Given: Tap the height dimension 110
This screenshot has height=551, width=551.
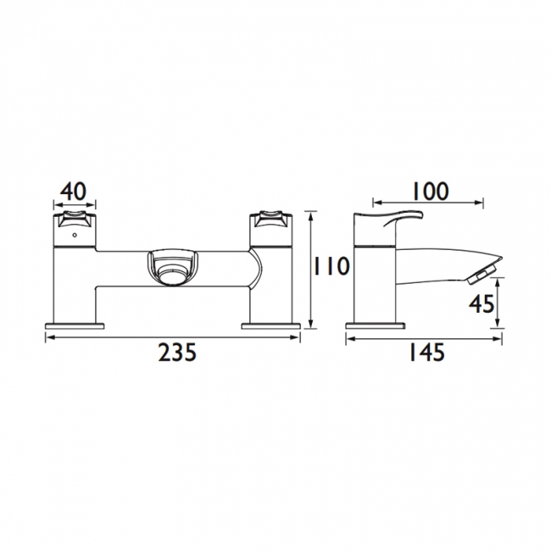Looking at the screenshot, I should coord(331,267).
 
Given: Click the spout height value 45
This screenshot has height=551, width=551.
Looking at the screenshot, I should coord(481,304).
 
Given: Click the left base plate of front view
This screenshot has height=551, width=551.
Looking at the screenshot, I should coord(75,325).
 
